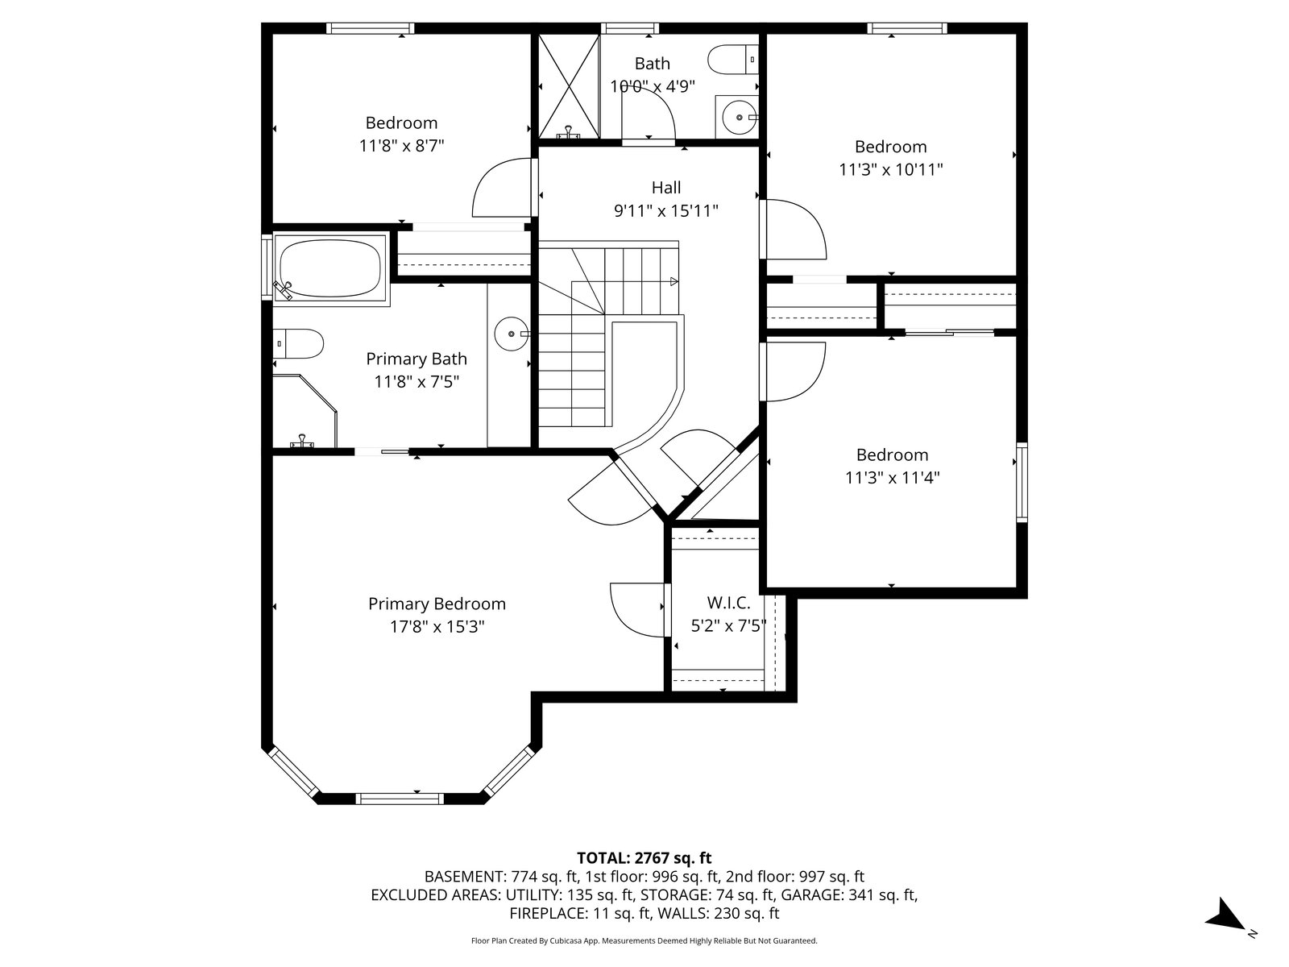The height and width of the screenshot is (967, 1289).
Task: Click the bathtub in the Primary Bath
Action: point(330,269)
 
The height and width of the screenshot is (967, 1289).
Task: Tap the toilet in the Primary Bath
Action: point(298,343)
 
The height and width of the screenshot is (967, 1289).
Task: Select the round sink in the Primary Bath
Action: point(512,334)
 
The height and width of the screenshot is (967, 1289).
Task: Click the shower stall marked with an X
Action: point(569,86)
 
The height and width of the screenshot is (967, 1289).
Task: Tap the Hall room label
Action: point(666,188)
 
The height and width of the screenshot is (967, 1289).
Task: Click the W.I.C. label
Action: point(728,603)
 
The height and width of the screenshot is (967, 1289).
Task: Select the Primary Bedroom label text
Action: point(437,604)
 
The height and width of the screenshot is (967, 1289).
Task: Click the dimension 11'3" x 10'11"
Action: point(891,170)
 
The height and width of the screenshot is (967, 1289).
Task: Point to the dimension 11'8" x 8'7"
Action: point(402,146)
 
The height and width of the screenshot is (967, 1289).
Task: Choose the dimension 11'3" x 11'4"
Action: point(892,478)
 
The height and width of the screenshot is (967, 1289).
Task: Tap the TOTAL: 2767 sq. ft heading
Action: point(644,858)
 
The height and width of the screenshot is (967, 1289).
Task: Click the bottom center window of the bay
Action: point(400,799)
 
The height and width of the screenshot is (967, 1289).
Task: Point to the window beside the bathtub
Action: point(267,268)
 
